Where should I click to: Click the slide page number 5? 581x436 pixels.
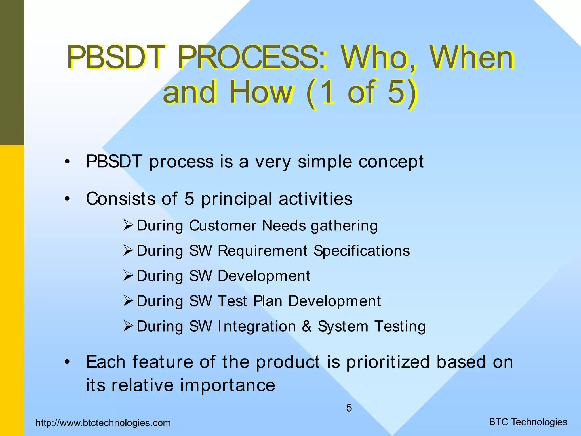(349, 408)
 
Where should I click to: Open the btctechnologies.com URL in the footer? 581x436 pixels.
(103, 423)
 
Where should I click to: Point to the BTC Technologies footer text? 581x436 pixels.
(528, 422)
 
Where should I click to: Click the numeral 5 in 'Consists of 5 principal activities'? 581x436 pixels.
(189, 199)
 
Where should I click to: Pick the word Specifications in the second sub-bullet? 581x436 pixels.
(362, 251)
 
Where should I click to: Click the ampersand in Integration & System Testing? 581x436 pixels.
(306, 326)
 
